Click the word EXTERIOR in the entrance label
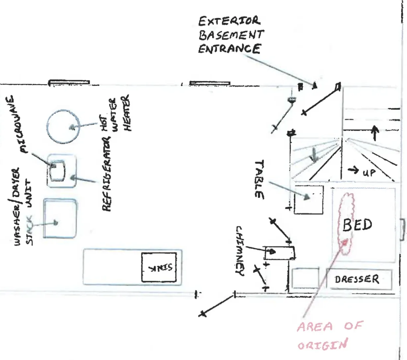(x=229, y=22)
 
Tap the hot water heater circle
(x=63, y=127)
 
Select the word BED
(x=358, y=225)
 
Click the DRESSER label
(x=357, y=279)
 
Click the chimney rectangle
(x=279, y=253)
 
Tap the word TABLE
(x=259, y=179)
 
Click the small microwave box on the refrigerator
(x=57, y=170)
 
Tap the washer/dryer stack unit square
(x=60, y=219)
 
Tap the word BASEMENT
(x=231, y=35)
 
